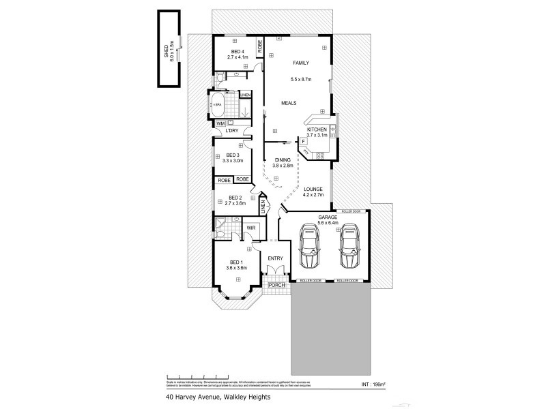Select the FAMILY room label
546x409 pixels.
[x=301, y=62]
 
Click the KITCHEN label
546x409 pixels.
[x=317, y=130]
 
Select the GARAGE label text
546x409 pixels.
[x=328, y=217]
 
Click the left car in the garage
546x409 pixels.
[x=310, y=249]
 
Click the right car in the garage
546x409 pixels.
[x=349, y=249]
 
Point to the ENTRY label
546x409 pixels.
[x=276, y=258]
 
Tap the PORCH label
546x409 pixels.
[x=277, y=285]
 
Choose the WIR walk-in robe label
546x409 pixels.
[x=251, y=227]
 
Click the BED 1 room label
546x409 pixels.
[x=236, y=263]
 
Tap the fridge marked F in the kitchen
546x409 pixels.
[x=302, y=142]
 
